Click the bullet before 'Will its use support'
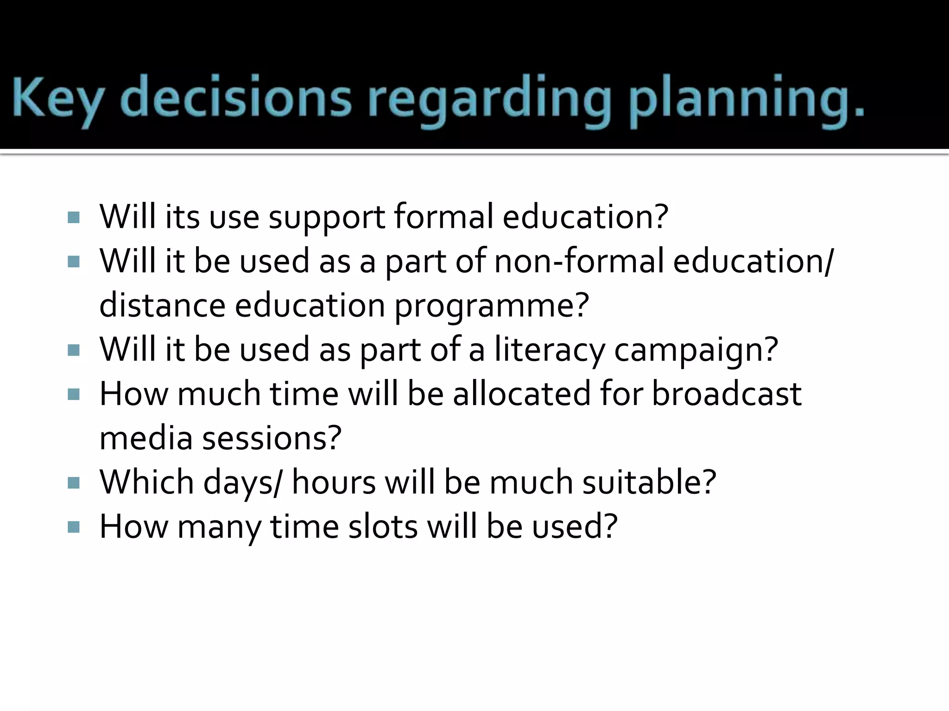(x=74, y=217)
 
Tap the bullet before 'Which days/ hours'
(x=74, y=483)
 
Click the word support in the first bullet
(x=327, y=217)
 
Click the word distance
(x=162, y=306)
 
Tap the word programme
(x=491, y=306)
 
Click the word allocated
(x=521, y=394)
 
